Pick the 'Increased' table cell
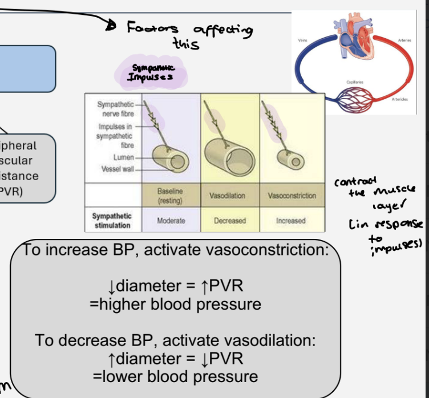[291, 220]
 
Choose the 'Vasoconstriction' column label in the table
[291, 196]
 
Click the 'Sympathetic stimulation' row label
[112, 220]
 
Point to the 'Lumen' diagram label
[124, 157]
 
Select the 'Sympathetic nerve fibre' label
[116, 109]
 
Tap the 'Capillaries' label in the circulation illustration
[355, 82]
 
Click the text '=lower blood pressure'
[175, 376]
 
